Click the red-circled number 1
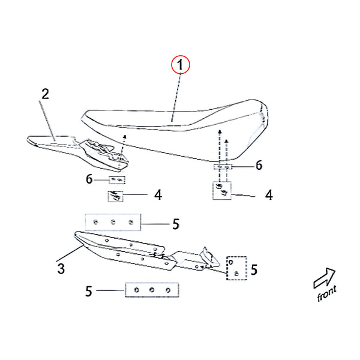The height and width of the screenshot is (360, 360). [180, 65]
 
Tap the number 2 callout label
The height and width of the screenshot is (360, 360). [45, 94]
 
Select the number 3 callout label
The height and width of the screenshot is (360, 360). [61, 268]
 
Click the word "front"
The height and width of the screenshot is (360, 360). [327, 293]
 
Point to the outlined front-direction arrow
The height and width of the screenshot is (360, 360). [324, 278]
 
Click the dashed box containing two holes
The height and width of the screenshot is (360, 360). [237, 268]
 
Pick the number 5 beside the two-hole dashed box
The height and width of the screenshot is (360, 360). [254, 269]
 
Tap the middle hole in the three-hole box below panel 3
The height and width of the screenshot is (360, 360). [152, 290]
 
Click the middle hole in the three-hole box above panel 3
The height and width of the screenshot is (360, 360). [113, 222]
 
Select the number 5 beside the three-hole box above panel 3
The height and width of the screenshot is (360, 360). [176, 224]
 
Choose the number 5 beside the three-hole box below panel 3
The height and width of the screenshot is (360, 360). [89, 291]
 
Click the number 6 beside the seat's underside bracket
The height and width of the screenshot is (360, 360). [259, 166]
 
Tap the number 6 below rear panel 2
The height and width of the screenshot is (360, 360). [89, 179]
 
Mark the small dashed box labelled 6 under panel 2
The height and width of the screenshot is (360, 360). [117, 180]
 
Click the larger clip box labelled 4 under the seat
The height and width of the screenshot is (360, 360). [222, 190]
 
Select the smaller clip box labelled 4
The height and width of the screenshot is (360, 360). [115, 196]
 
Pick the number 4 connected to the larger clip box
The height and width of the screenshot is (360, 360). [269, 195]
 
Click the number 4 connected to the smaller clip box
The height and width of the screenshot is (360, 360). [158, 195]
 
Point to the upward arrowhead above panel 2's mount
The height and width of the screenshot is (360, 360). [125, 137]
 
